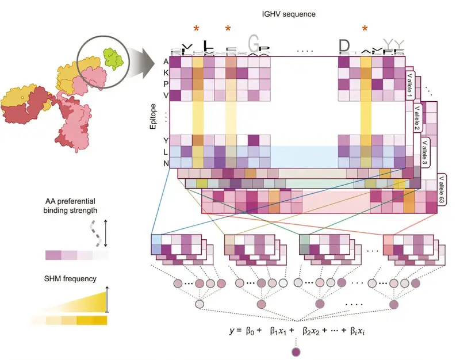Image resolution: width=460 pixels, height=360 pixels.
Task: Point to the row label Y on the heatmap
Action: tap(166, 140)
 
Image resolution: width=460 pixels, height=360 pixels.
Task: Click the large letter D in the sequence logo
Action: tap(344, 46)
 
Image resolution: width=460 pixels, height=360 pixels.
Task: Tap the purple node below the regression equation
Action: tap(296, 351)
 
